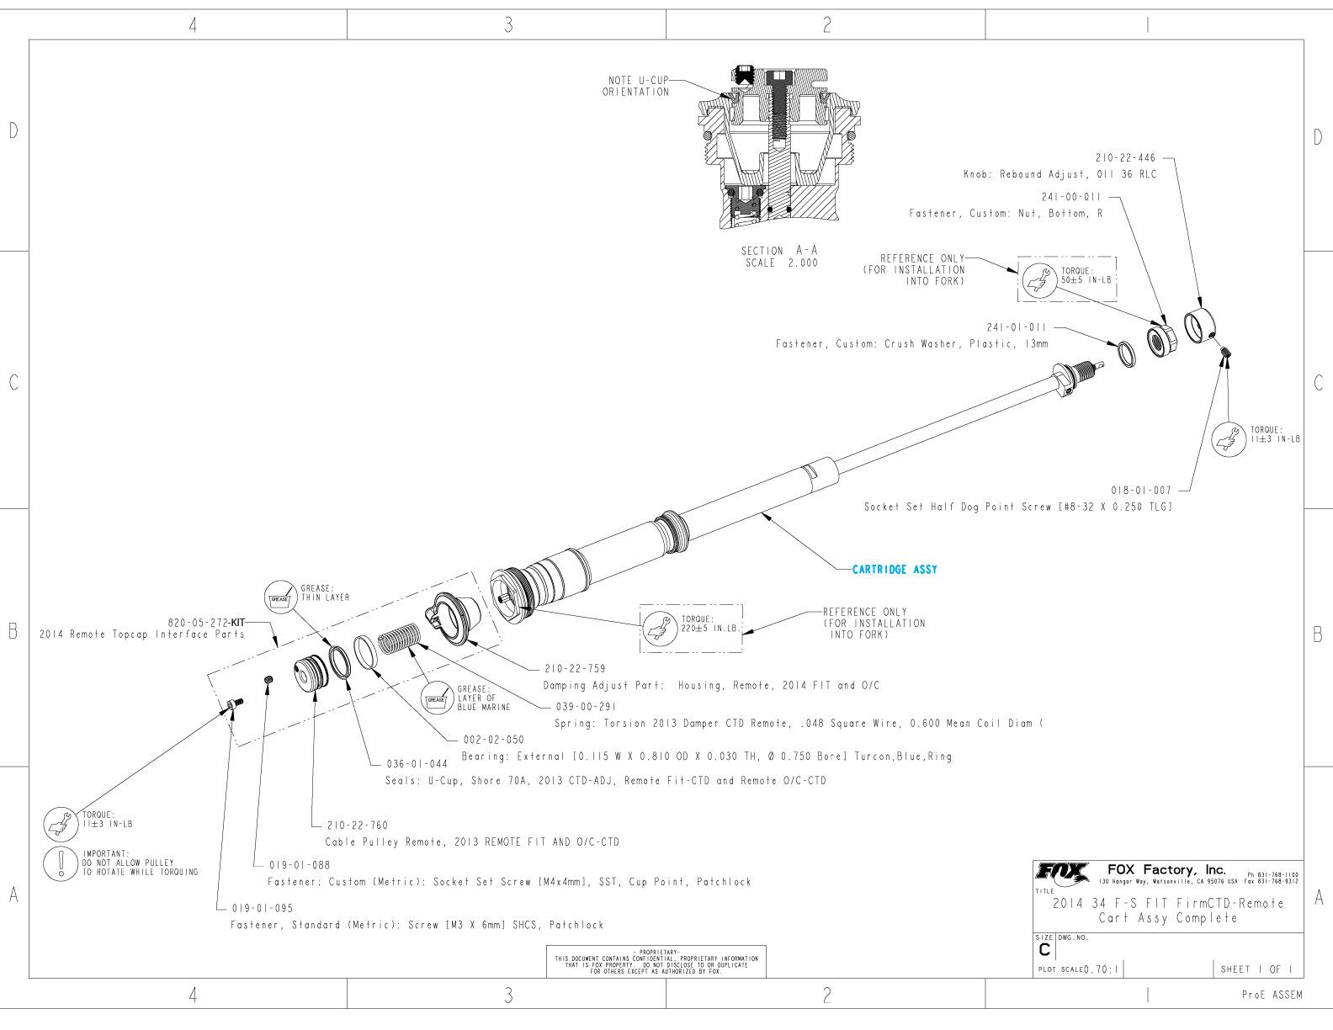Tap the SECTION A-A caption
(778, 251)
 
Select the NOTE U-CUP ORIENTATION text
(636, 87)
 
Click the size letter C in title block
(1044, 951)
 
